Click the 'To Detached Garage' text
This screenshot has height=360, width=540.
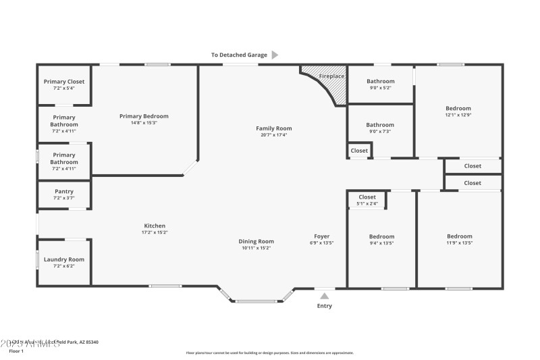click(x=239, y=55)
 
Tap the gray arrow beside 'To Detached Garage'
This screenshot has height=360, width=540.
click(x=275, y=55)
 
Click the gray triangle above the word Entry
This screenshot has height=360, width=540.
click(x=325, y=295)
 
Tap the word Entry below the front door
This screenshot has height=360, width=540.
click(x=325, y=306)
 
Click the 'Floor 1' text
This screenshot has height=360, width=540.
click(x=16, y=351)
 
